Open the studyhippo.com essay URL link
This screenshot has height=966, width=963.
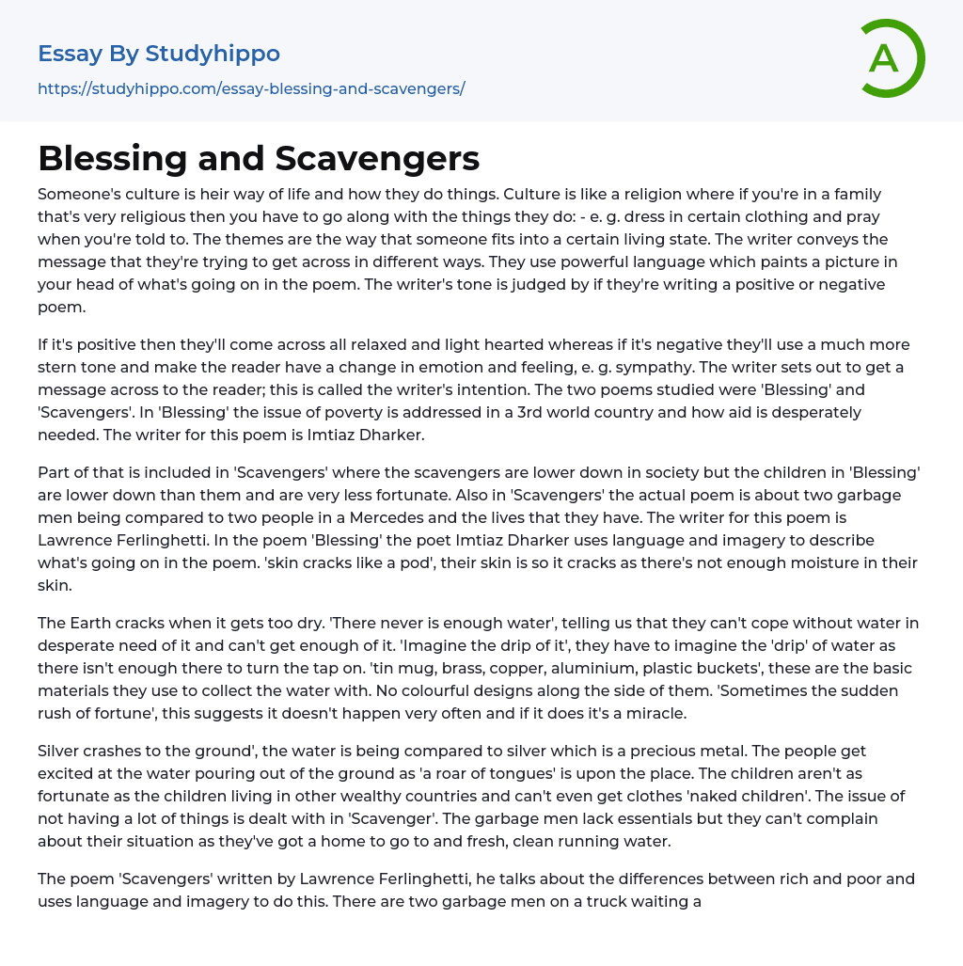(x=251, y=89)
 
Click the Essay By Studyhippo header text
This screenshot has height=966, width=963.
(x=159, y=54)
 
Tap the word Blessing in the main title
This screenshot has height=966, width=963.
(x=114, y=159)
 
